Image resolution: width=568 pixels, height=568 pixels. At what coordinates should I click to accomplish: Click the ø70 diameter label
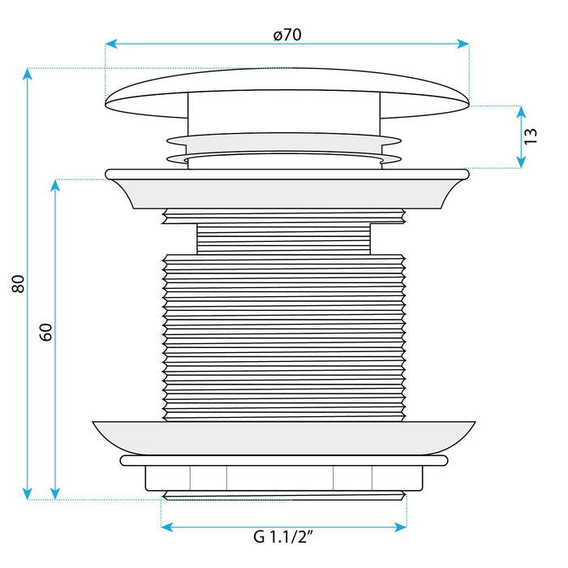click(x=287, y=35)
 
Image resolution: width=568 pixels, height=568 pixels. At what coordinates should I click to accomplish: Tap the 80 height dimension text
click(x=18, y=284)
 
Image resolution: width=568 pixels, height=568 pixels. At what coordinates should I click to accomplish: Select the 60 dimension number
click(x=45, y=332)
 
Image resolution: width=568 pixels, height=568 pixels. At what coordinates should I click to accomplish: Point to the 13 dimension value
click(x=531, y=136)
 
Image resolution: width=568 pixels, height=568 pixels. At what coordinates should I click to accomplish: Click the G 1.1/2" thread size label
click(x=283, y=536)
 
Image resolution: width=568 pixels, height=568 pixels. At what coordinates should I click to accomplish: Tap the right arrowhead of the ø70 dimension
click(x=463, y=44)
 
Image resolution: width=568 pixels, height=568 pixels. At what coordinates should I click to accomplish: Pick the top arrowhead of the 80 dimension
click(x=27, y=74)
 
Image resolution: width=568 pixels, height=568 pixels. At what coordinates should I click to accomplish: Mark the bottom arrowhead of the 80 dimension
click(x=27, y=493)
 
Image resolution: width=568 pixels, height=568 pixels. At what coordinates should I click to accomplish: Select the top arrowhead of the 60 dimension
click(x=55, y=186)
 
